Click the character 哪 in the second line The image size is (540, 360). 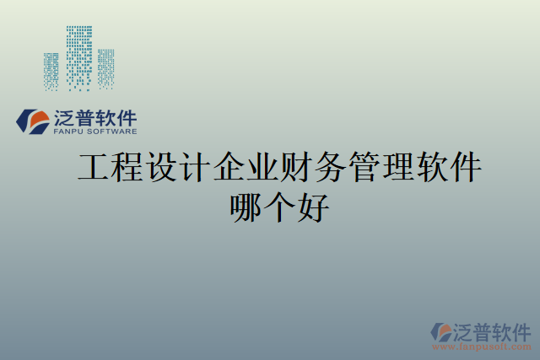coord(246,207)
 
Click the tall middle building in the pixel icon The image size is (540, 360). coord(79,57)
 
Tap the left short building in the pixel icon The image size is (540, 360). coord(51,72)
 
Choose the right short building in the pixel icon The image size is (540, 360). coord(105,68)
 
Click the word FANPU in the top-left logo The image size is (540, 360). coord(67,132)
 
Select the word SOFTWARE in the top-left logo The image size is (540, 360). coord(109,132)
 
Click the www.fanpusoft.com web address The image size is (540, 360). coord(482,347)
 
